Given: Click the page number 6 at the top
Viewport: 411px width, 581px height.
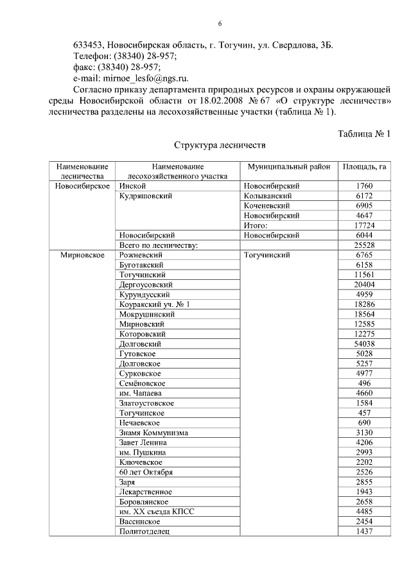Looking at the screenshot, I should pyautogui.click(x=220, y=24).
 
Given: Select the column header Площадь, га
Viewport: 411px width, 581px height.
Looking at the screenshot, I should pyautogui.click(x=364, y=166).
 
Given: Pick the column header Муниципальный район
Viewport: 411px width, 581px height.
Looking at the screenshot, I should pyautogui.click(x=288, y=166).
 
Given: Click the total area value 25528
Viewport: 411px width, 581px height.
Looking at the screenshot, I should pyautogui.click(x=364, y=245).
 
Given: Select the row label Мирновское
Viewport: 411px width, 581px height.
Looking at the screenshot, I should pyautogui.click(x=83, y=255).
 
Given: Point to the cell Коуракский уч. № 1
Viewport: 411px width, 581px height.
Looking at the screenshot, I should pyautogui.click(x=155, y=304).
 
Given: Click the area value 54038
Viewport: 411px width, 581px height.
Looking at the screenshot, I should pyautogui.click(x=364, y=343).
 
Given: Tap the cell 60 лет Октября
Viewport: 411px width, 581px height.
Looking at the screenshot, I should pyautogui.click(x=146, y=472).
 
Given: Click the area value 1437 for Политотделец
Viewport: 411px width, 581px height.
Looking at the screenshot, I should pyautogui.click(x=364, y=531).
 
